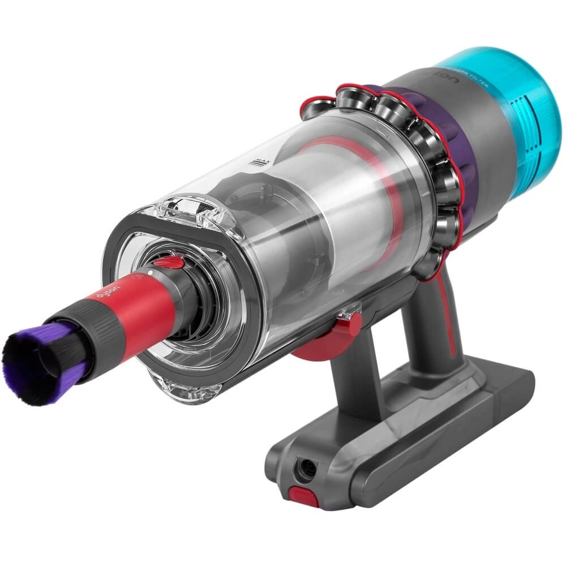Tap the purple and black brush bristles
click(x=40, y=362)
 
